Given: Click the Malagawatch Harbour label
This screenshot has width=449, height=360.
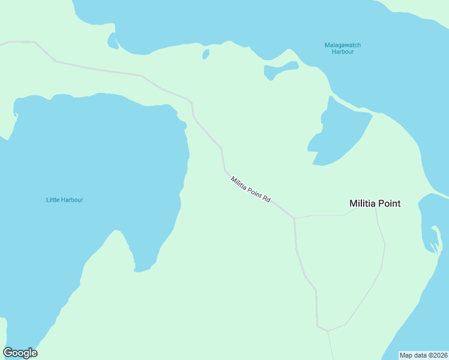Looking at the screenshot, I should (342, 49).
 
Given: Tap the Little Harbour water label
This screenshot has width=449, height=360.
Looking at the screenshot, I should (64, 200).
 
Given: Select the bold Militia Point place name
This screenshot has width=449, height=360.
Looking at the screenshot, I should (375, 204).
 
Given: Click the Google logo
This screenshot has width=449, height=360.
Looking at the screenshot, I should (20, 353).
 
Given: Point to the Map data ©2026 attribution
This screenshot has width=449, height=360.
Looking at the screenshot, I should (424, 355).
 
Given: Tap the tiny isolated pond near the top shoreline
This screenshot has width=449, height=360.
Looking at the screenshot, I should (206, 54).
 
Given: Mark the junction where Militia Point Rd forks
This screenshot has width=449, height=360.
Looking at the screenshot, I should (295, 218).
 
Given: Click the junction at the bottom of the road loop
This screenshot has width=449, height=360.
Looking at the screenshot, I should (328, 330).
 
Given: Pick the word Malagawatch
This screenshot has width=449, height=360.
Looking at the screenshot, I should (342, 45).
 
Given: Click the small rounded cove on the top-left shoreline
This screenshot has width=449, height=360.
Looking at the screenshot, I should (112, 41).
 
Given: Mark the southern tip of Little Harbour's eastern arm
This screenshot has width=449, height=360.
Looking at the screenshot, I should (142, 269).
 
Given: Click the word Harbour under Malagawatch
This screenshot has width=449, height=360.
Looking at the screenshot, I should (342, 52).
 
